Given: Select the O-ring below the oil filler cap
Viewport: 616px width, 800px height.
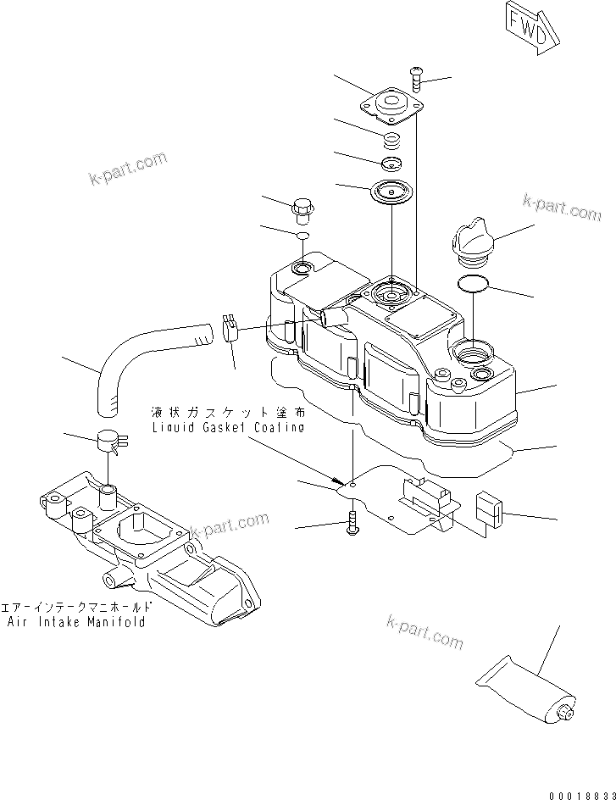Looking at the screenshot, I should [473, 285].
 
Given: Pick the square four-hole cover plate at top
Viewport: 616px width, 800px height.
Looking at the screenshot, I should [391, 108].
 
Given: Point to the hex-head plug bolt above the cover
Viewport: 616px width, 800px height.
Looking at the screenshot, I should [303, 208].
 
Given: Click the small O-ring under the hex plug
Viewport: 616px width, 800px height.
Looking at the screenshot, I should [302, 234].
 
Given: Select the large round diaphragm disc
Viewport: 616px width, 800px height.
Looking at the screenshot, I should [392, 192].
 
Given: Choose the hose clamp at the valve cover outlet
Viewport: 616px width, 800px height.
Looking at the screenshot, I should [229, 329].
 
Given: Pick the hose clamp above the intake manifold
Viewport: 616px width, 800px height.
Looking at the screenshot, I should [110, 440].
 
